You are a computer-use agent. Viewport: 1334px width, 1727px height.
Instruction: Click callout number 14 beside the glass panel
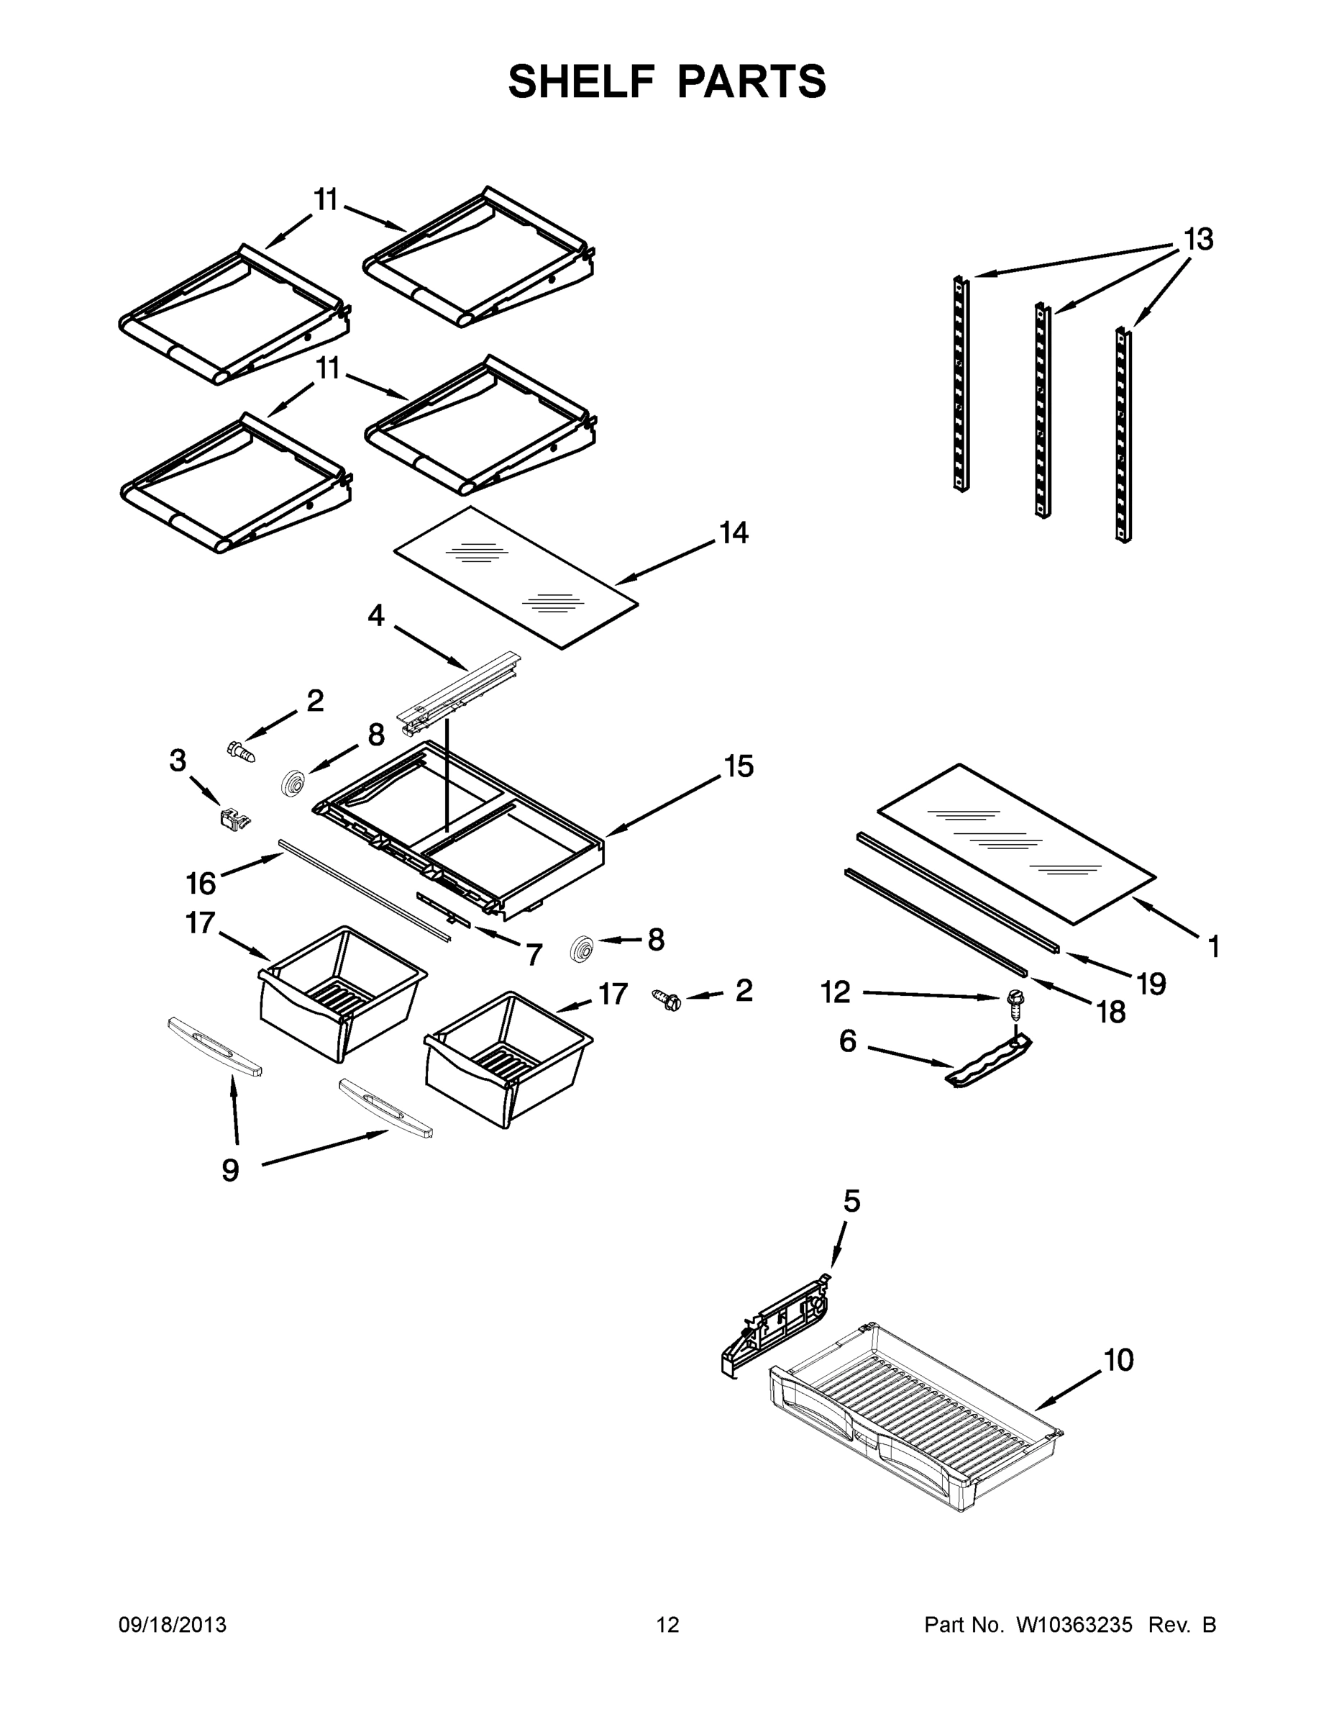(734, 533)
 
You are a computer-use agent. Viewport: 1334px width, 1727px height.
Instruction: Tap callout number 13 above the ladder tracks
(1198, 239)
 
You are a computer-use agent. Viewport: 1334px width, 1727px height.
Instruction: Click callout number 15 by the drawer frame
(739, 766)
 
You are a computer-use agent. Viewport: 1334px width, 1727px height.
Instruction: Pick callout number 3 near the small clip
(178, 761)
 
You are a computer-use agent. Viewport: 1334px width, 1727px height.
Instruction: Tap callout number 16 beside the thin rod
(201, 883)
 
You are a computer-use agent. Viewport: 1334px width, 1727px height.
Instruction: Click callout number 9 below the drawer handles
(230, 1169)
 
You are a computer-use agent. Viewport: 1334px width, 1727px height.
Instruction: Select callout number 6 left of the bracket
(847, 1041)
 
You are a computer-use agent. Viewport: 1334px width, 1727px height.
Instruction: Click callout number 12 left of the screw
(836, 992)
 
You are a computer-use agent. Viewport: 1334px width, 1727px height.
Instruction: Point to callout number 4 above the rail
(376, 615)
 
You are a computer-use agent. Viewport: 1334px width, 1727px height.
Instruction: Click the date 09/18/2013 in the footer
(173, 1625)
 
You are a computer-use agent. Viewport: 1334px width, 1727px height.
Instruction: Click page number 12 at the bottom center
(668, 1625)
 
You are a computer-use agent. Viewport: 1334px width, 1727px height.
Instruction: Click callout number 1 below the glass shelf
(1213, 946)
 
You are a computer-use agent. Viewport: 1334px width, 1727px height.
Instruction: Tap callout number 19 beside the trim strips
(1151, 984)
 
